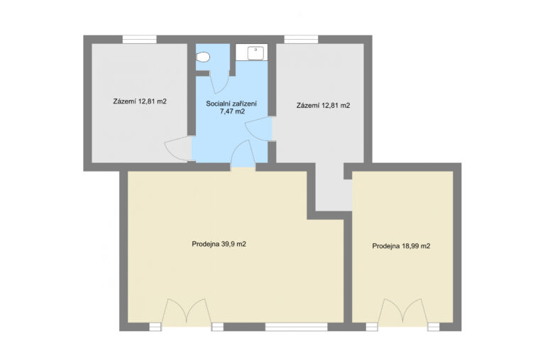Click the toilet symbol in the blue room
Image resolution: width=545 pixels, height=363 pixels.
click(203, 57)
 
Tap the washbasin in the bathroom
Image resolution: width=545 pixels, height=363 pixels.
click(255, 53)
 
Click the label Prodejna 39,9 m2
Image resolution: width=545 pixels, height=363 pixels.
click(219, 244)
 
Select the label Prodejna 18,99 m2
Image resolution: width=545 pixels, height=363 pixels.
click(401, 246)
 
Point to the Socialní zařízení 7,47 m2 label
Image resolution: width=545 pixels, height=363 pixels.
click(231, 107)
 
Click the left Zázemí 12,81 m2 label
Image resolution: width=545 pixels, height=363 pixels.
click(140, 101)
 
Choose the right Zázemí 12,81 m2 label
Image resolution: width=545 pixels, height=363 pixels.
click(324, 105)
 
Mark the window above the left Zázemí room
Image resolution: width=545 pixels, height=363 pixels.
click(139, 39)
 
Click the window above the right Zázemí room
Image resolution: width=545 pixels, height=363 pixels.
click(301, 39)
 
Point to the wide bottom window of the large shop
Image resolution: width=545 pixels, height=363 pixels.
click(297, 327)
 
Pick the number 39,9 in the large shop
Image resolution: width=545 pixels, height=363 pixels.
click(227, 244)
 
